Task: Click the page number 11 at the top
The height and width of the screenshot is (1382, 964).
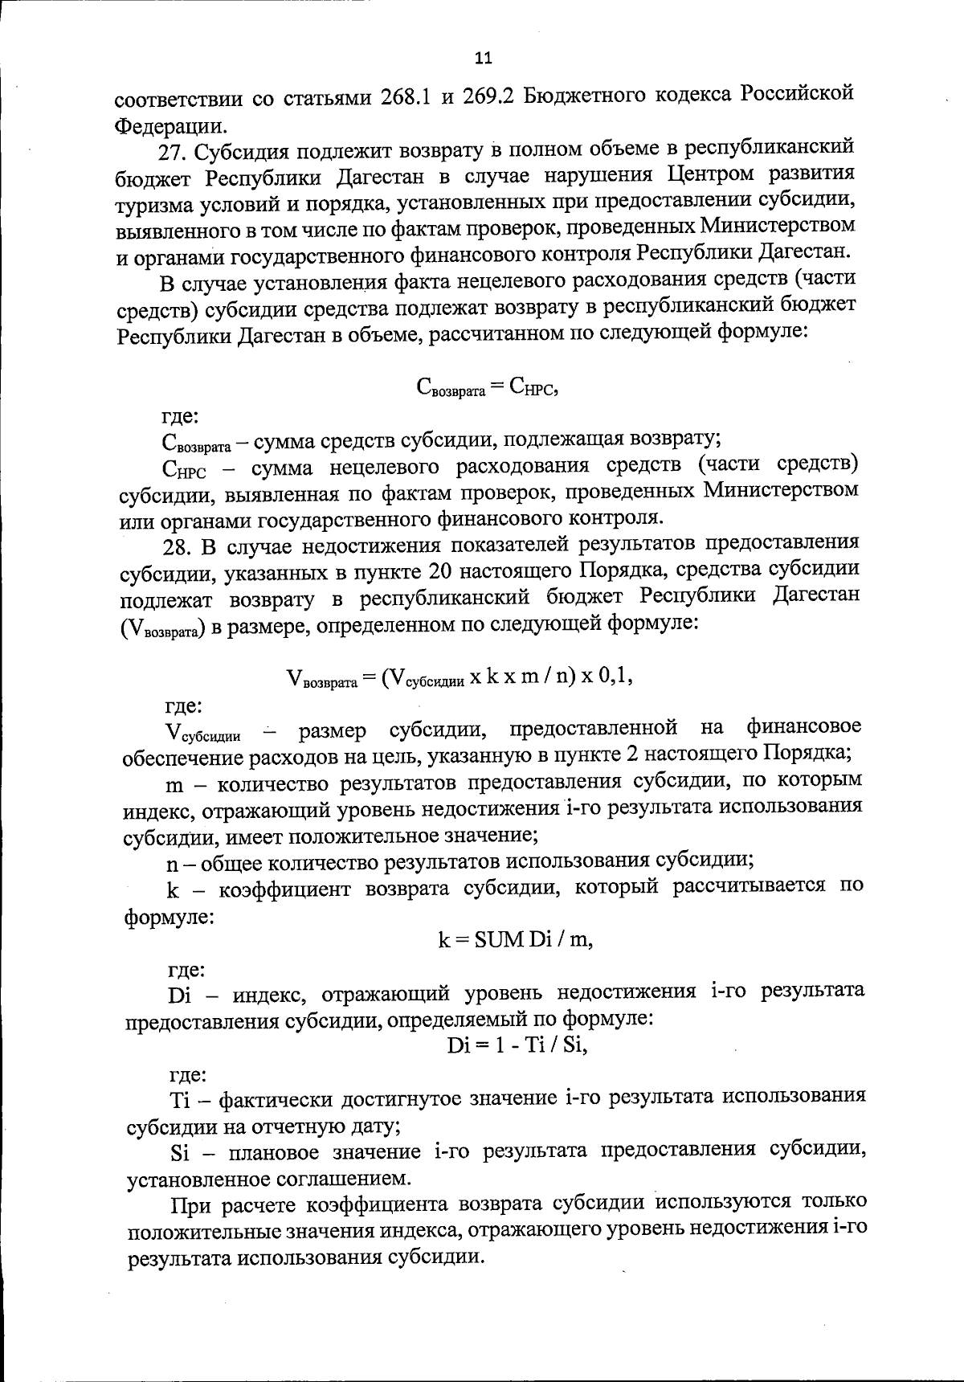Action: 483,58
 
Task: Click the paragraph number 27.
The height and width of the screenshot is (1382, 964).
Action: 174,151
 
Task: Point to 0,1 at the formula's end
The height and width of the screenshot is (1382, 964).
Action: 615,677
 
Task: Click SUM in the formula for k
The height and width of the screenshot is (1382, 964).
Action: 499,938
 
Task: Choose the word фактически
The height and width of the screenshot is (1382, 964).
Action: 277,1098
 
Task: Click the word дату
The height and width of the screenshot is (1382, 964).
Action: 370,1125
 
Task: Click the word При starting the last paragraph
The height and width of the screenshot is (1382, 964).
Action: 192,1204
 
